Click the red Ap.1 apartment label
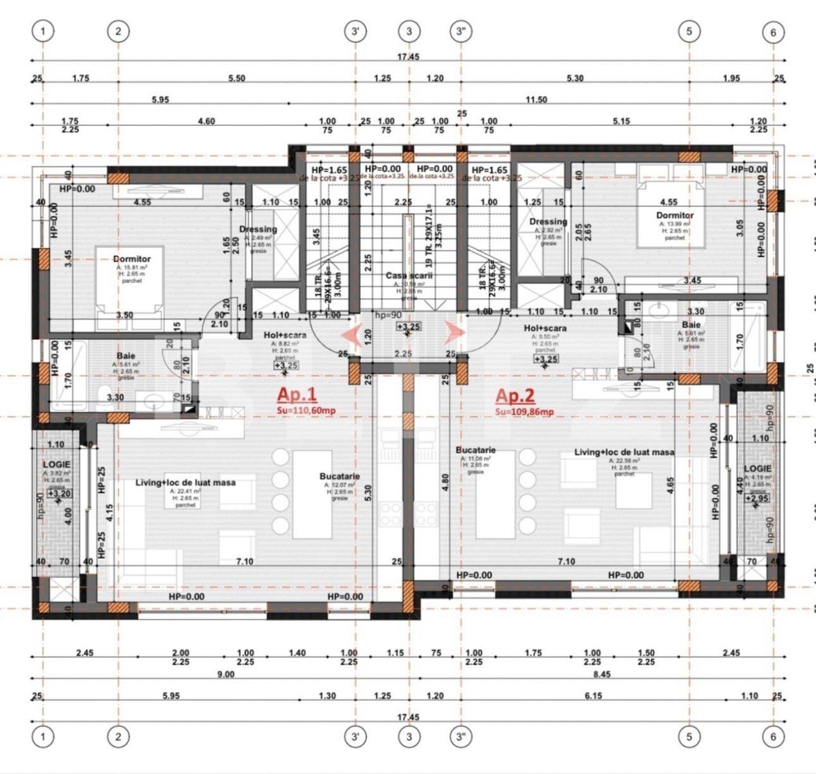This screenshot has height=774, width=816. click(x=297, y=395)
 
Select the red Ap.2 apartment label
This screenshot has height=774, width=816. click(x=515, y=396)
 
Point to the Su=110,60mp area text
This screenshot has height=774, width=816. click(x=306, y=411)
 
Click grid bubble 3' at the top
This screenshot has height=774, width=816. click(x=356, y=32)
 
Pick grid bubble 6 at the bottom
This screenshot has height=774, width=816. click(x=773, y=737)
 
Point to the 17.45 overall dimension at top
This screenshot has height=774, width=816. click(x=408, y=56)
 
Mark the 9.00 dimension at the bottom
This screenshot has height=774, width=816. click(x=225, y=674)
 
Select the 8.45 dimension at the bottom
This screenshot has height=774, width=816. click(x=601, y=674)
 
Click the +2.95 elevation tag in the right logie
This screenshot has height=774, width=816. click(x=757, y=499)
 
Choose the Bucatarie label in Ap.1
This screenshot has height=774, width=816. click(x=340, y=476)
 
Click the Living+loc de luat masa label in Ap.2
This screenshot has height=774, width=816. click(x=624, y=452)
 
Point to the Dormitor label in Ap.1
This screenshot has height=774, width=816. click(x=132, y=259)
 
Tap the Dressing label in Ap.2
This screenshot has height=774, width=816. click(x=548, y=222)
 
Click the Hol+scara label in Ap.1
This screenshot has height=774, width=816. click(x=285, y=335)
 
